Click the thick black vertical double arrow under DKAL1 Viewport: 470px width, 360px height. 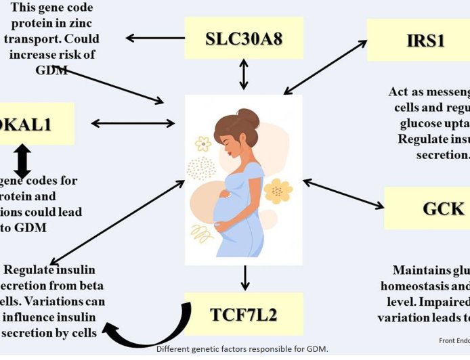click(x=22, y=160)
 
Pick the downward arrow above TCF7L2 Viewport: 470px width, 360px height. click(x=245, y=277)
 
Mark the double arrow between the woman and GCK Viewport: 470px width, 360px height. click(x=343, y=194)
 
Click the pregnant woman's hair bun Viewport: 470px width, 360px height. click(x=249, y=116)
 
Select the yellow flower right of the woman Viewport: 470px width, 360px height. click(x=278, y=191)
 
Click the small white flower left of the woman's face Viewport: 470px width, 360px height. click(x=203, y=143)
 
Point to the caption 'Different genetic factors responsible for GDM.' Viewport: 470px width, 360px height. click(x=242, y=349)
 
